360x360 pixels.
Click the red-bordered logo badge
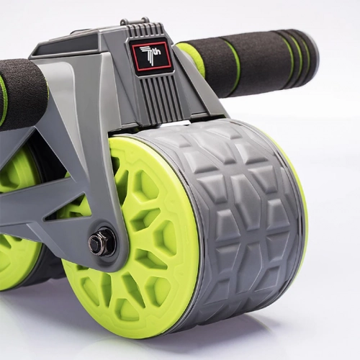pos(150,55)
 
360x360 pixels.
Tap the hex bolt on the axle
pos(101,243)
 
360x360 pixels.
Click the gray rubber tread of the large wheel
pos(238,216)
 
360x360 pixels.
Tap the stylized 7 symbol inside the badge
pos(149,55)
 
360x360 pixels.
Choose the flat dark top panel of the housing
pos(79,43)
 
